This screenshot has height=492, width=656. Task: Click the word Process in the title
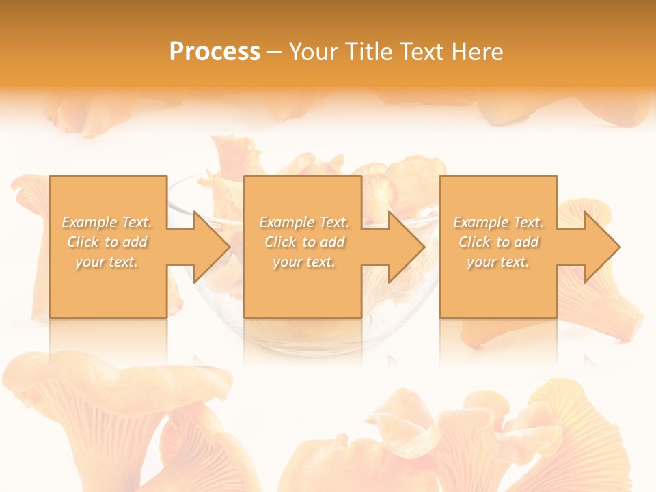click(215, 52)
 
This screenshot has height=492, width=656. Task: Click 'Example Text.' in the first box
click(107, 222)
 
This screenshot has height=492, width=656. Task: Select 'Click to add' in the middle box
click(304, 242)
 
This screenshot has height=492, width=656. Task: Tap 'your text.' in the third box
click(498, 262)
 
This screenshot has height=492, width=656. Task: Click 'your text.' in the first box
click(107, 262)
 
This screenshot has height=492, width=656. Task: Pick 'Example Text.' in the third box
click(498, 222)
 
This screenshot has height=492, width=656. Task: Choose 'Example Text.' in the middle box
click(304, 222)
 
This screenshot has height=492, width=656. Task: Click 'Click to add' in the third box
click(498, 242)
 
